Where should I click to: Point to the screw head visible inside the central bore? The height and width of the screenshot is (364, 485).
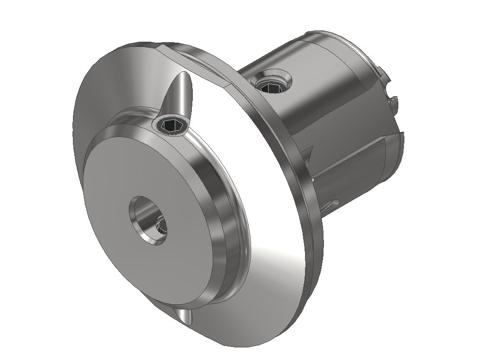(x=161, y=226)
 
